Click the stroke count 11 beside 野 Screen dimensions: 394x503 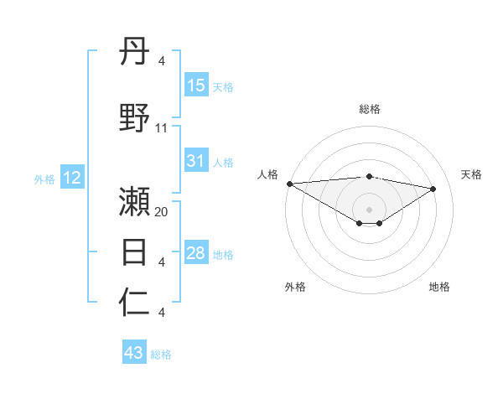pos(162,128)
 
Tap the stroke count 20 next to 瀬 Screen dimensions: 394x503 pos(162,213)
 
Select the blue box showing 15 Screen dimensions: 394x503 pos(196,86)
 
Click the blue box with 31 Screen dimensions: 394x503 pos(196,162)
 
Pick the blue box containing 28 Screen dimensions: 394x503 pos(196,254)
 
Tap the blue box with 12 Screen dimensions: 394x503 pos(72,178)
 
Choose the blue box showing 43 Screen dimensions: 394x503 pos(134,353)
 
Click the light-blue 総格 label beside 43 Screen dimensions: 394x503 pos(161,355)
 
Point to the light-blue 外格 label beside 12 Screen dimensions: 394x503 pos(44,179)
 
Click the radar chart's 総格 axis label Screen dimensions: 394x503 pos(369,109)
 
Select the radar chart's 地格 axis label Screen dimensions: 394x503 pos(439,287)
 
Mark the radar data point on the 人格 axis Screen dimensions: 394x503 pos(289,184)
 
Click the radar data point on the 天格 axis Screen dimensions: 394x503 pos(433,188)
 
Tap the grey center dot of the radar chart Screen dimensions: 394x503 pos(369,209)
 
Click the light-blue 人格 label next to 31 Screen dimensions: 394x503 pos(223,163)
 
